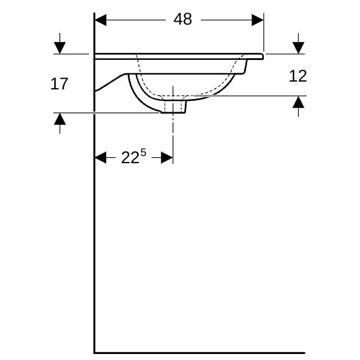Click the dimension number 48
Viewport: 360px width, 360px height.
(x=182, y=19)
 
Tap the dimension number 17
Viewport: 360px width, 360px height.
(x=59, y=84)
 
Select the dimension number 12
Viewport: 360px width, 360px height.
(x=298, y=76)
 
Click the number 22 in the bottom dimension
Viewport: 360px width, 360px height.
(x=130, y=157)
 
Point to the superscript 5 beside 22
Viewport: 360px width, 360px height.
(x=143, y=152)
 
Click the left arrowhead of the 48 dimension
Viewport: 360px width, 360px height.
(x=101, y=20)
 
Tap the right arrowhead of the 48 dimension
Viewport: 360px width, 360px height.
(x=257, y=20)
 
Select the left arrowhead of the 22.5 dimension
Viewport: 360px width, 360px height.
(x=101, y=157)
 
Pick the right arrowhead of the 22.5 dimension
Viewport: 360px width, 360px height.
(x=167, y=157)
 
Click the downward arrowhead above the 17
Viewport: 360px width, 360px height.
(x=60, y=48)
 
